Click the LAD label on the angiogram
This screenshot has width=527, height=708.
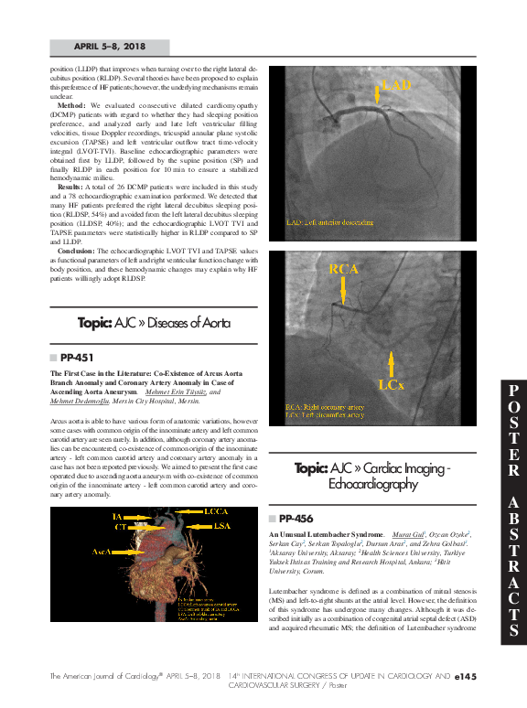(x=395, y=85)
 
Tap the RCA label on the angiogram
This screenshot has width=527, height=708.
(x=344, y=269)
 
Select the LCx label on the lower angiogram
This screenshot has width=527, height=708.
(x=391, y=385)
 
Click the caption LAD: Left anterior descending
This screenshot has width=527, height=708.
(x=330, y=222)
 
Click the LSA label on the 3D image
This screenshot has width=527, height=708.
(x=221, y=525)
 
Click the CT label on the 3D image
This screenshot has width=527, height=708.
(x=120, y=527)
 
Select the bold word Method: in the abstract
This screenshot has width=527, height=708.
(x=71, y=105)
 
